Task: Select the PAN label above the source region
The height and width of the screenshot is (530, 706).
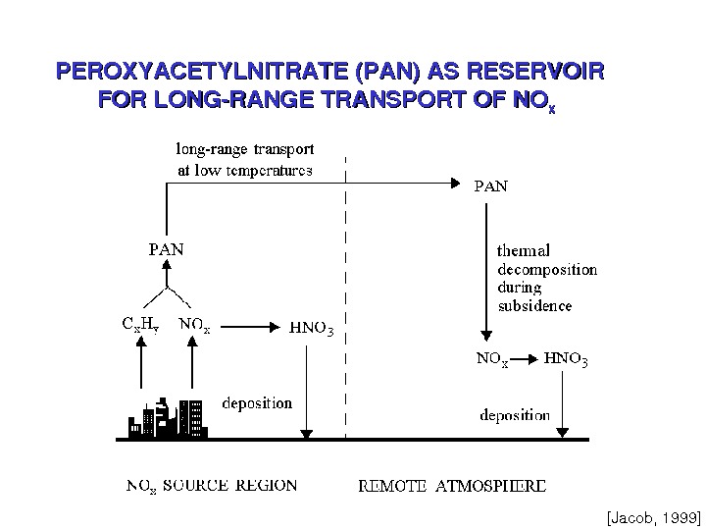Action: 166,247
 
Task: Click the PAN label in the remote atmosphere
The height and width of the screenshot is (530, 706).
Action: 491,185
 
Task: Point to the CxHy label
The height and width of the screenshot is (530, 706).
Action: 139,324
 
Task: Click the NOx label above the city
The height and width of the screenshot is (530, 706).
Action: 193,324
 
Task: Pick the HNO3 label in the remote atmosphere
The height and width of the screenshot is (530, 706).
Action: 566,360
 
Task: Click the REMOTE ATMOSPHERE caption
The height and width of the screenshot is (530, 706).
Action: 450,484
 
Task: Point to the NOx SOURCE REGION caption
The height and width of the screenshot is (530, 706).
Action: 211,484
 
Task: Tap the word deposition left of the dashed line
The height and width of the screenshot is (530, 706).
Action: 258,402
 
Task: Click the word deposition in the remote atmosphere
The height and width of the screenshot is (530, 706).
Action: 515,415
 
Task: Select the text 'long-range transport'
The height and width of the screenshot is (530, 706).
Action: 245,150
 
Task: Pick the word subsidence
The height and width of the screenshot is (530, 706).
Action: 535,305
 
